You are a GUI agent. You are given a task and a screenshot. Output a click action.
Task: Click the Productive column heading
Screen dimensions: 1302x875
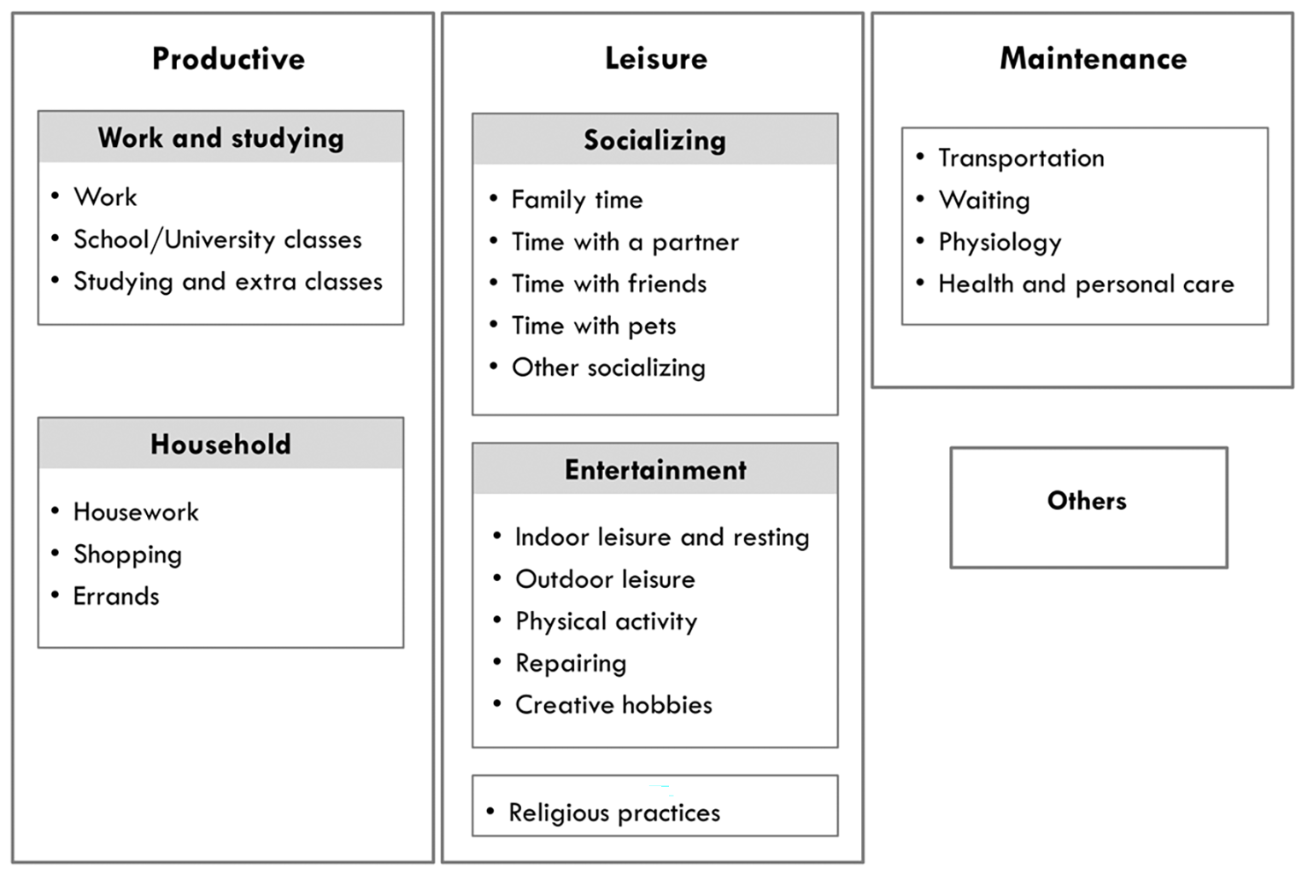pyautogui.click(x=228, y=59)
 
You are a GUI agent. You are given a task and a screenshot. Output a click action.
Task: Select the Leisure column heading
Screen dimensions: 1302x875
pyautogui.click(x=656, y=58)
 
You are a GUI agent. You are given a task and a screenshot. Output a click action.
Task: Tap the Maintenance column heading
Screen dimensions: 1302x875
pyautogui.click(x=1094, y=58)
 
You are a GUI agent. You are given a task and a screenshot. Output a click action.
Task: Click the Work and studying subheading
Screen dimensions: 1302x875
pyautogui.click(x=221, y=138)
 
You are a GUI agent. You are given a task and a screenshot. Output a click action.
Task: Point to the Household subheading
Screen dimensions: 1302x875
pyautogui.click(x=221, y=444)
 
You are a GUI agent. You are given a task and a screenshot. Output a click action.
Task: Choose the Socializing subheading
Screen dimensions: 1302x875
pyautogui.click(x=655, y=141)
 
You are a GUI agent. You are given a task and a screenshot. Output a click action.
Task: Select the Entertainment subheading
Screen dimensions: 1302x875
pyautogui.click(x=655, y=470)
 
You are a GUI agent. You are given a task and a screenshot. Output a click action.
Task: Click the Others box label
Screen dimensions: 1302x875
pyautogui.click(x=1087, y=501)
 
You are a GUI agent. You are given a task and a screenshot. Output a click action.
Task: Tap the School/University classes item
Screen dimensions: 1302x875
pyautogui.click(x=217, y=239)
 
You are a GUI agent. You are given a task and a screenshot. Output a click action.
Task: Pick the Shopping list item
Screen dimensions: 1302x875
pyautogui.click(x=127, y=555)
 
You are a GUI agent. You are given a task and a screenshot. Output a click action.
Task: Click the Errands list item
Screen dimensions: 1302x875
pyautogui.click(x=116, y=596)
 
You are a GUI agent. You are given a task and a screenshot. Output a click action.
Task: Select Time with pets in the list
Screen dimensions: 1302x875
pyautogui.click(x=594, y=326)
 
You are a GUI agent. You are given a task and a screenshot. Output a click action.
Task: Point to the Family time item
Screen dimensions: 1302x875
pyautogui.click(x=578, y=200)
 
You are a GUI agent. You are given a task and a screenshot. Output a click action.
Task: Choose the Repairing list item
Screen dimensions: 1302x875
pyautogui.click(x=571, y=664)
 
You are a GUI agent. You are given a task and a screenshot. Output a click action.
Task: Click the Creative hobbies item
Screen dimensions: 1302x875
pyautogui.click(x=613, y=705)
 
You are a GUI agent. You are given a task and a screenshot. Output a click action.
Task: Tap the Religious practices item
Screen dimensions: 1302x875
pyautogui.click(x=614, y=813)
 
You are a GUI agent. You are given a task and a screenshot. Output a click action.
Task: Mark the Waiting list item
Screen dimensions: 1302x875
pyautogui.click(x=984, y=201)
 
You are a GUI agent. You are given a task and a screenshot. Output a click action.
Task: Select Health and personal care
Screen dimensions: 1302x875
pyautogui.click(x=1086, y=285)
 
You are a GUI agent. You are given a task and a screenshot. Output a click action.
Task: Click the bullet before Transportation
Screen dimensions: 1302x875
pyautogui.click(x=920, y=157)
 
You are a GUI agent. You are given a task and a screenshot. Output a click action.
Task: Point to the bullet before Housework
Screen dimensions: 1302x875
pyautogui.click(x=56, y=511)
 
